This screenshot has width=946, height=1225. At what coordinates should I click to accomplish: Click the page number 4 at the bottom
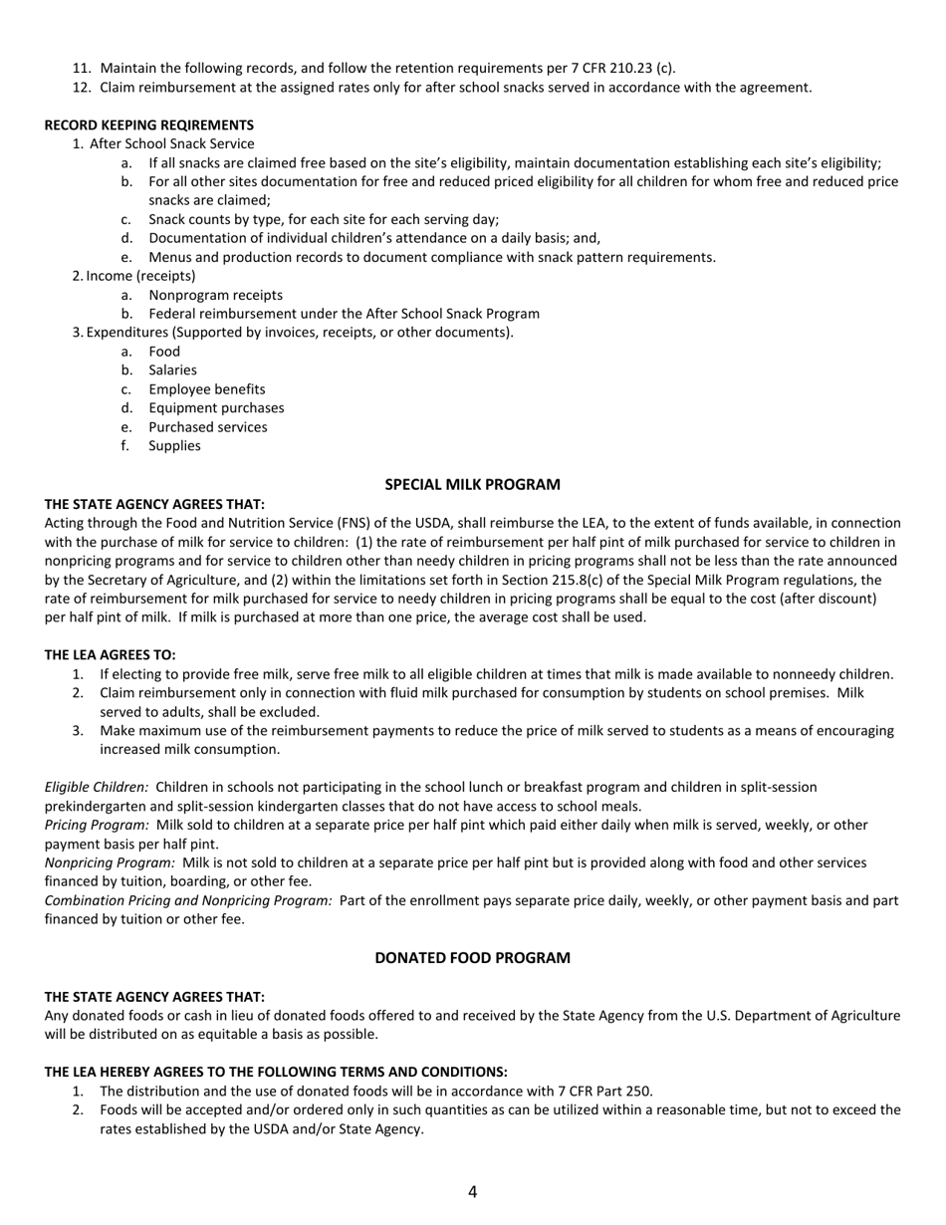pyautogui.click(x=472, y=1192)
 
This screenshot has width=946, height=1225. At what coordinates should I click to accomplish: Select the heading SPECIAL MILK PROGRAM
pyautogui.click(x=472, y=485)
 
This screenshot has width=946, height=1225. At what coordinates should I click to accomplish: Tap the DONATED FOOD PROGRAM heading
pyautogui.click(x=472, y=958)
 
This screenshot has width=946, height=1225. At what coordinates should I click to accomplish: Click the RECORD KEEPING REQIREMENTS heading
pyautogui.click(x=148, y=125)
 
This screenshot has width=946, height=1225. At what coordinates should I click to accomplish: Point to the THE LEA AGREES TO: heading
pyautogui.click(x=110, y=655)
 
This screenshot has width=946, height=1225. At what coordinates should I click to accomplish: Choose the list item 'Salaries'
pyautogui.click(x=172, y=370)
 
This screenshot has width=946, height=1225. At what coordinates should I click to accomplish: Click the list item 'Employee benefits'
pyautogui.click(x=206, y=389)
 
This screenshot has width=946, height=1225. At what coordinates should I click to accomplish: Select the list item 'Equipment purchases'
pyautogui.click(x=216, y=408)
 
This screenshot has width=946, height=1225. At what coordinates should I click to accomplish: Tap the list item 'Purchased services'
pyautogui.click(x=207, y=427)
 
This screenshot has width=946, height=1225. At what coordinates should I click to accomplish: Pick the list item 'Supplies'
pyautogui.click(x=174, y=446)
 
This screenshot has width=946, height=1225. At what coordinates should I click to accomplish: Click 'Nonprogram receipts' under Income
pyautogui.click(x=215, y=296)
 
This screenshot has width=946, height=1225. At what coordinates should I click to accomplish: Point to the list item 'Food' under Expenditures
pyautogui.click(x=164, y=352)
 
